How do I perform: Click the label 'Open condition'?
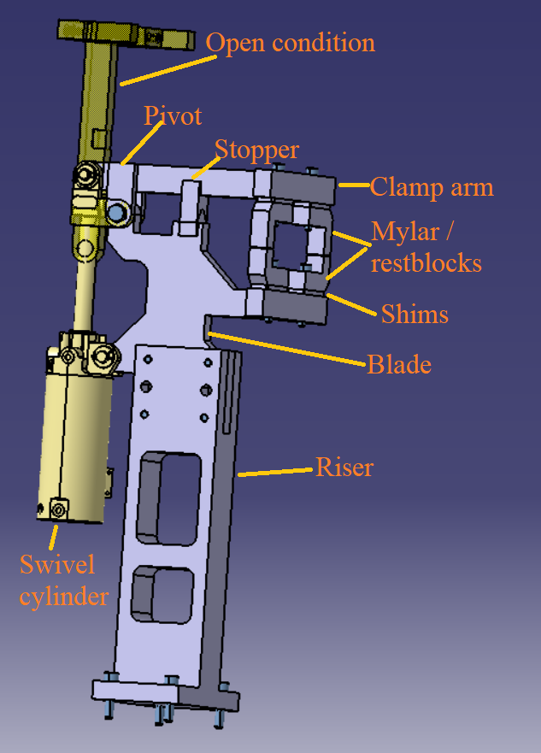(x=291, y=42)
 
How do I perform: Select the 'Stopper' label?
(x=256, y=150)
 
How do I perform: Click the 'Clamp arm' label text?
(x=432, y=187)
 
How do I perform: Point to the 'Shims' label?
(x=414, y=314)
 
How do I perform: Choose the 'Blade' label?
(x=399, y=365)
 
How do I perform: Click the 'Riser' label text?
(x=344, y=468)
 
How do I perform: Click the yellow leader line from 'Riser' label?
(x=274, y=471)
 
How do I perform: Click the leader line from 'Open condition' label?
(x=167, y=69)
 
